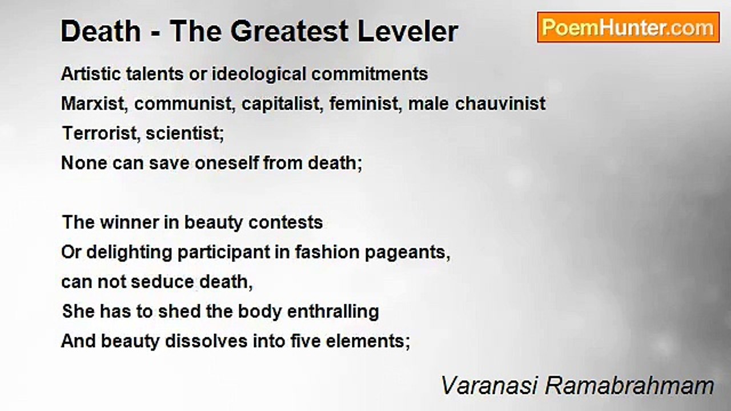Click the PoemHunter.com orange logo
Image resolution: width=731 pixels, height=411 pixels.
[x=628, y=27]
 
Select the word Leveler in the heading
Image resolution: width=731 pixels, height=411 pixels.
[x=408, y=31]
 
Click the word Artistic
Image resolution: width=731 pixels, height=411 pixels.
[x=90, y=74]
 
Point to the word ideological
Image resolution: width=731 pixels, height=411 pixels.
[x=259, y=74]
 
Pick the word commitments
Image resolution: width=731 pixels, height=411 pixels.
[x=369, y=74]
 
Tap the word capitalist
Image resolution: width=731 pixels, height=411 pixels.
[x=282, y=104]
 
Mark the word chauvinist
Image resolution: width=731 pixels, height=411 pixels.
[x=500, y=104]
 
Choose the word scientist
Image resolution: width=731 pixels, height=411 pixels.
[x=184, y=133]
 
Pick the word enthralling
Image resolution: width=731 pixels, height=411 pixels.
[x=333, y=312]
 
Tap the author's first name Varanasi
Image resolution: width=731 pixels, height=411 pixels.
[x=489, y=385]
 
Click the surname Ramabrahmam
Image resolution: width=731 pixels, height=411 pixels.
[x=629, y=385]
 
